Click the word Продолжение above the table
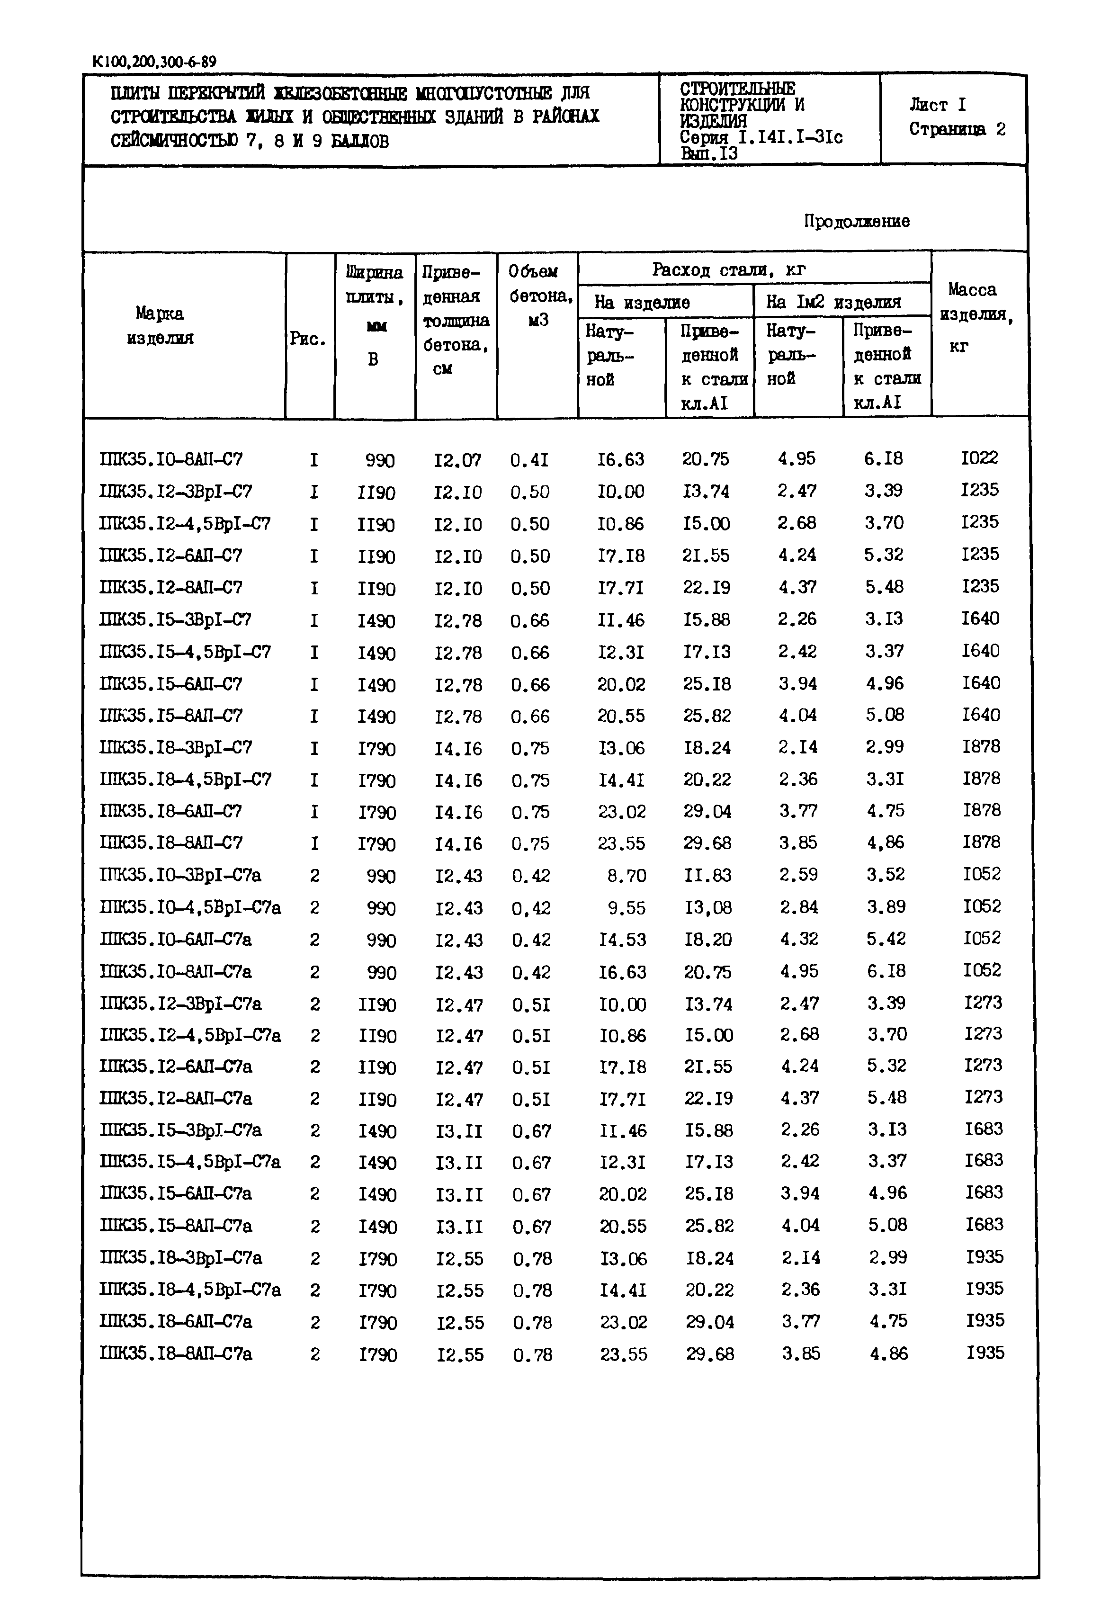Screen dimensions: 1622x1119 [x=856, y=222]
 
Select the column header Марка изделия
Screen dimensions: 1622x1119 [x=160, y=326]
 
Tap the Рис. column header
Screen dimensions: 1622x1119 [x=308, y=339]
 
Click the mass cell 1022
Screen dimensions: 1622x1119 [x=979, y=458]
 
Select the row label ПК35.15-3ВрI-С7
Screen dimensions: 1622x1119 [x=175, y=619]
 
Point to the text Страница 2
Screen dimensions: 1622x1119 [x=957, y=130]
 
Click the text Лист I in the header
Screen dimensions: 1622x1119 [x=938, y=105]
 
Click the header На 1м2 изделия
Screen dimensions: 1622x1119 [x=833, y=302]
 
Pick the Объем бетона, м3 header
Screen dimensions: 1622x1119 [x=538, y=296]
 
